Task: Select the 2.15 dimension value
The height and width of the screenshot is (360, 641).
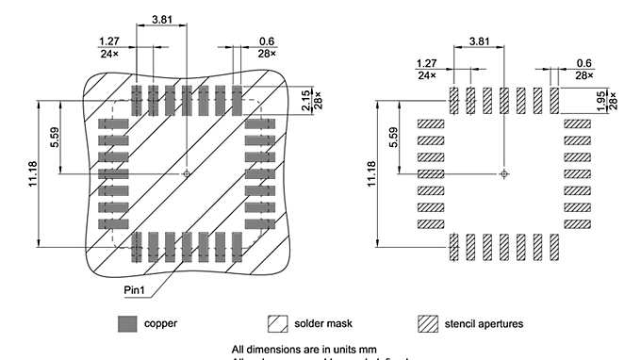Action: coord(306,102)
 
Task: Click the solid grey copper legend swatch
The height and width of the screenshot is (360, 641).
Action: coord(126,323)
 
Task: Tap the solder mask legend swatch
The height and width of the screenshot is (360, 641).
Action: coord(278,323)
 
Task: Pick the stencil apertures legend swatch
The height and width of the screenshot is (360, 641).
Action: coord(429,323)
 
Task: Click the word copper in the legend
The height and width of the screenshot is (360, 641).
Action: coord(160,323)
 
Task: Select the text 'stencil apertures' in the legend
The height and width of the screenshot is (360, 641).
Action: coord(485,323)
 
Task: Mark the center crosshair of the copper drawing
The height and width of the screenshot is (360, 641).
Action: coord(187,173)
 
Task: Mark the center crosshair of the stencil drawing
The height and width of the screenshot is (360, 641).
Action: coord(504,173)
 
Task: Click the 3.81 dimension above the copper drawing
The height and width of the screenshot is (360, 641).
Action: coord(161,18)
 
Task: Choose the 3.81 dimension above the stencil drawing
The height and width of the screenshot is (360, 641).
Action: coord(479,41)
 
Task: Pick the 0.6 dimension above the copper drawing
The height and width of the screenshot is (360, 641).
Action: coord(266,41)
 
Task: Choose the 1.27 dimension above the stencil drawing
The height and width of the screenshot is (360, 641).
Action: coord(427,62)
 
